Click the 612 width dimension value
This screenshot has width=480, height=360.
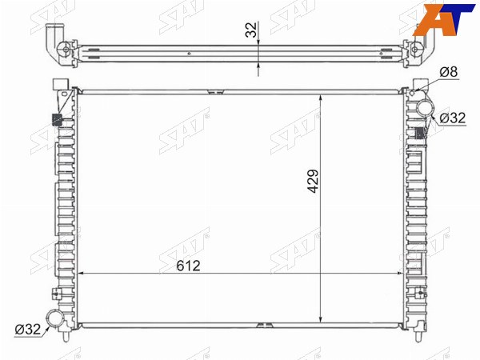[x=188, y=266]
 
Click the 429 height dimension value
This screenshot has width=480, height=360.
[x=313, y=182]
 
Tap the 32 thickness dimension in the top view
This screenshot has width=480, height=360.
[x=251, y=30]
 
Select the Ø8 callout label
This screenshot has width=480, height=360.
[x=449, y=72]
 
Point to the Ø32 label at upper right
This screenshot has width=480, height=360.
[x=453, y=118]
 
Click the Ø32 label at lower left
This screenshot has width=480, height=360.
[x=28, y=330]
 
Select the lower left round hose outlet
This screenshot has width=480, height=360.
[x=54, y=319]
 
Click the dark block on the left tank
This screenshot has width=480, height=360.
[x=57, y=119]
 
